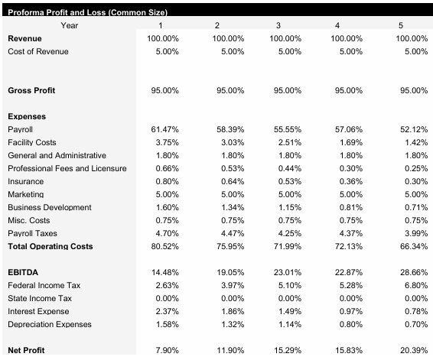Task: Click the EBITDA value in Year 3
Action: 287,272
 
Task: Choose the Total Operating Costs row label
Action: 50,246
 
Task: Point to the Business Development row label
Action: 49,207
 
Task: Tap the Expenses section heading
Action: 27,116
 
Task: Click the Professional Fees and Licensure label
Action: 67,168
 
